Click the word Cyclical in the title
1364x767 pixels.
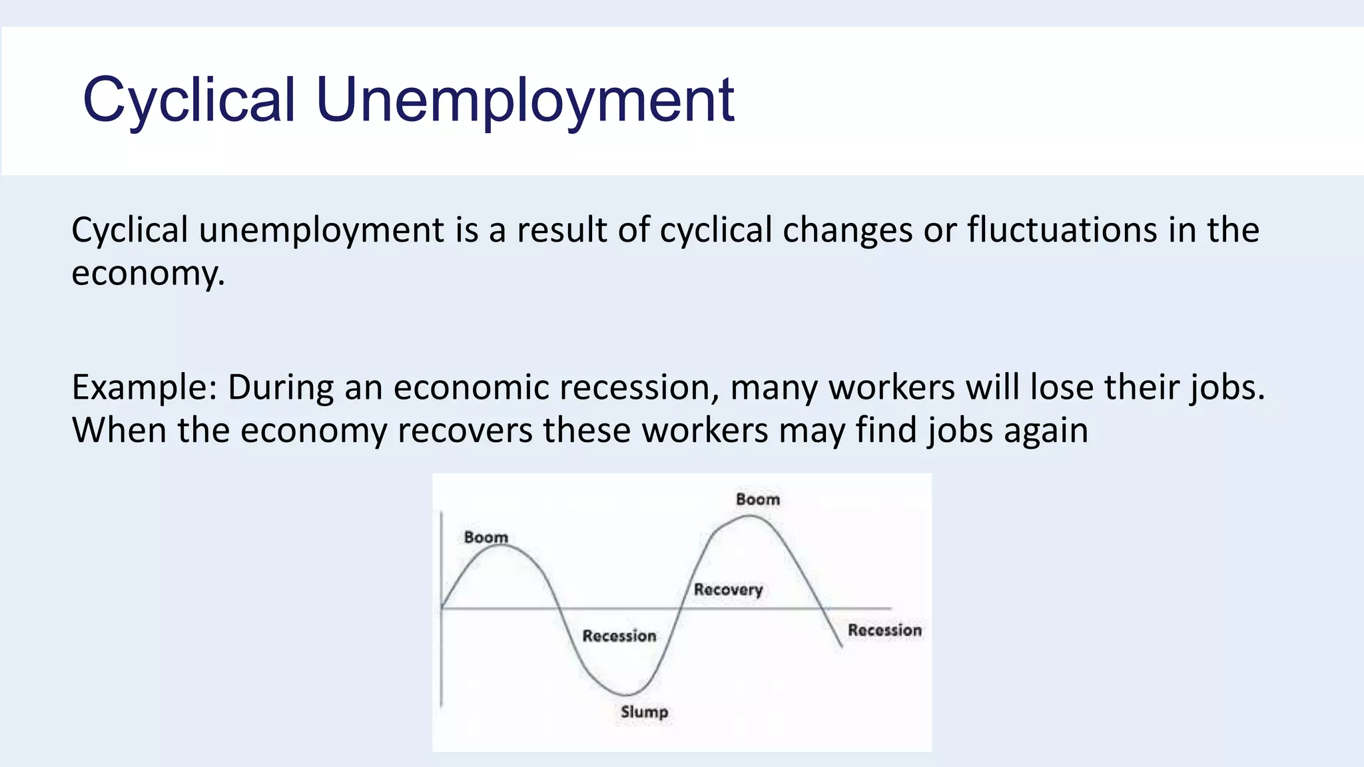(x=188, y=100)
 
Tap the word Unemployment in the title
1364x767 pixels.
(x=525, y=100)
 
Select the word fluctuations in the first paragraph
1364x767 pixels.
(x=1062, y=230)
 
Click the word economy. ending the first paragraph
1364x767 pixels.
(x=148, y=273)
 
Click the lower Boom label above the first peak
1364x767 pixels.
(x=486, y=537)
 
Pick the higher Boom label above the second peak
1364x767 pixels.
(x=757, y=499)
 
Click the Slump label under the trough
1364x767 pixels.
(x=644, y=712)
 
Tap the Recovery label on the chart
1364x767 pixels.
(x=728, y=589)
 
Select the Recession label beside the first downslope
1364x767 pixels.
(x=619, y=636)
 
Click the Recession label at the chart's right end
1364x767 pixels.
(x=884, y=630)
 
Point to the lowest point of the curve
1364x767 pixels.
(x=626, y=694)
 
